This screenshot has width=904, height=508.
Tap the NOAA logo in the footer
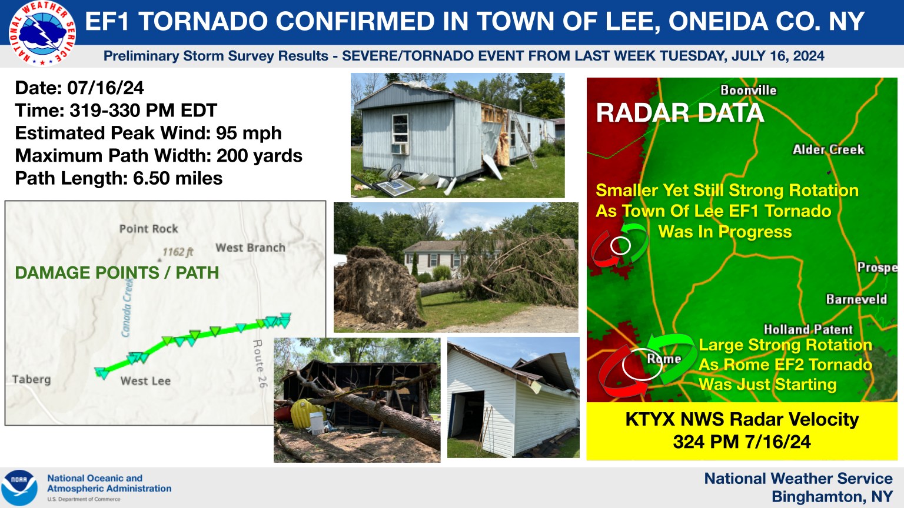click(x=20, y=487)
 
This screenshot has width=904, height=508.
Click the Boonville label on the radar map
click(x=748, y=91)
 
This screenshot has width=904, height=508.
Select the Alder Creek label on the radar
click(x=828, y=150)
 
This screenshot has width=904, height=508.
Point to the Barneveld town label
click(x=856, y=299)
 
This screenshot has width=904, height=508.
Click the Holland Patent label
click(x=807, y=329)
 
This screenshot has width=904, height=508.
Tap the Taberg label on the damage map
click(x=31, y=379)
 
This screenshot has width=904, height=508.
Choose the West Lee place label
click(x=145, y=381)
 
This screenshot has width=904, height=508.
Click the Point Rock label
click(x=148, y=229)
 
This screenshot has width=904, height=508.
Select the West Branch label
click(x=250, y=248)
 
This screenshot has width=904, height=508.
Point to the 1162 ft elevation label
click(x=178, y=252)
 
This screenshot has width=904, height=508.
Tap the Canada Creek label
click(x=127, y=308)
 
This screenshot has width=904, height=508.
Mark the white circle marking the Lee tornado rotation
click(x=620, y=245)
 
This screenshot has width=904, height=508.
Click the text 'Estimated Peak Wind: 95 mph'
click(x=148, y=133)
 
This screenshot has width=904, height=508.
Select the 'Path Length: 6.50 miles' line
click(x=119, y=178)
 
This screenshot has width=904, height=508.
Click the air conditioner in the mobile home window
click(x=400, y=149)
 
